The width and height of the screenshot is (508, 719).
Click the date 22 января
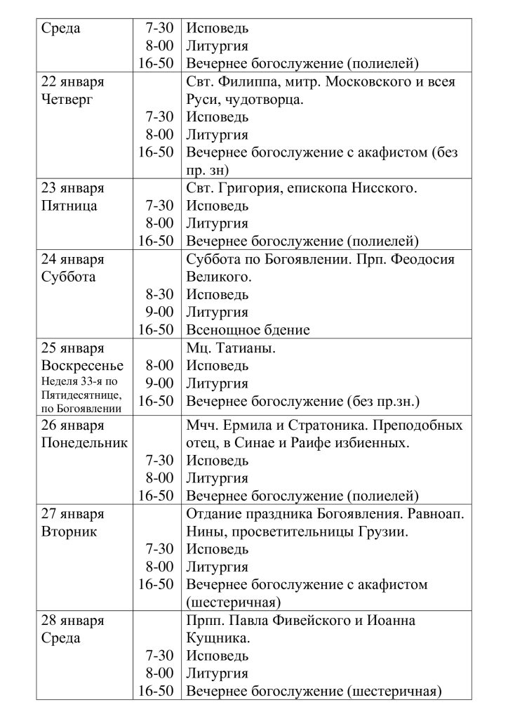point(72,82)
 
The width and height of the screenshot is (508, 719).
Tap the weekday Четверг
point(67,100)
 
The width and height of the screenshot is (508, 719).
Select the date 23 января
point(72,188)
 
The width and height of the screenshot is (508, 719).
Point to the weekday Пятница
point(69,206)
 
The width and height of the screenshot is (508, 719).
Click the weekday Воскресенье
point(82,365)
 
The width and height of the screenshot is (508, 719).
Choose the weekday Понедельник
point(84,443)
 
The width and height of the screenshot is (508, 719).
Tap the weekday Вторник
point(69,532)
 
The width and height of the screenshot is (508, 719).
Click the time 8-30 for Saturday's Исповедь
point(159,294)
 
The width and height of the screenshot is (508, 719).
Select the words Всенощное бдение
point(248,330)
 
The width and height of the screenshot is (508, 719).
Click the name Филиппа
point(247,82)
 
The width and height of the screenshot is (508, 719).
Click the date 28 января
point(72,621)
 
